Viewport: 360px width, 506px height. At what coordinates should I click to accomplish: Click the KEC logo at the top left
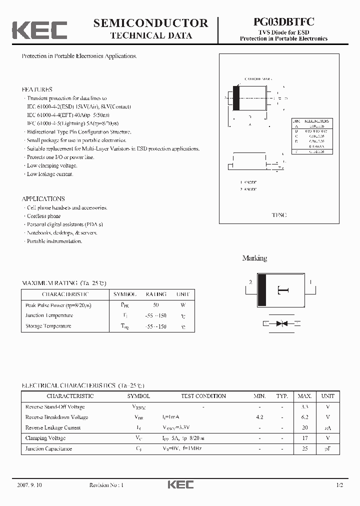tap(39, 29)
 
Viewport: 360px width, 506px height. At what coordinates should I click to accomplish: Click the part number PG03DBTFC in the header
tap(283, 22)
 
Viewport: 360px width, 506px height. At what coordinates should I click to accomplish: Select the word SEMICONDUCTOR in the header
tap(150, 23)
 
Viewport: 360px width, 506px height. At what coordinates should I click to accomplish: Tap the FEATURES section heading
tap(37, 89)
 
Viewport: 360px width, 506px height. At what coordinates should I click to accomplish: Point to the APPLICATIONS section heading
tap(43, 198)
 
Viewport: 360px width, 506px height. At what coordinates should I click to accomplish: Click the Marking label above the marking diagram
tap(254, 258)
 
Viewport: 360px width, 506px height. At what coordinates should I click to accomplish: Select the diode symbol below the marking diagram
tap(281, 323)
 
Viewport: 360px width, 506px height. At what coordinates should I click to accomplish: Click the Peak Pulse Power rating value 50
tap(155, 304)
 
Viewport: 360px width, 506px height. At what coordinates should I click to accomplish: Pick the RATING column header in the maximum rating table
tap(155, 294)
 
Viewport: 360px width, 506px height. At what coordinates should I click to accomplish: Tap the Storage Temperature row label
tap(48, 326)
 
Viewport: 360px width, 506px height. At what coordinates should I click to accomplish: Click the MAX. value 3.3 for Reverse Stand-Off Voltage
tap(304, 406)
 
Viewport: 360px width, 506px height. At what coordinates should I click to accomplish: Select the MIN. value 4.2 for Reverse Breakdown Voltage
tap(259, 417)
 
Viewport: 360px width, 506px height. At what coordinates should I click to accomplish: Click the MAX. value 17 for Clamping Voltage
tap(304, 438)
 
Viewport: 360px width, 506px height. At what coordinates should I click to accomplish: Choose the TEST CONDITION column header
tap(203, 396)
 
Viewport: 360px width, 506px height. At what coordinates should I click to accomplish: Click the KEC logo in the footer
tap(180, 484)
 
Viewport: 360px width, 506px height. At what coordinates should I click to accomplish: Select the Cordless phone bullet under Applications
tap(44, 216)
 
